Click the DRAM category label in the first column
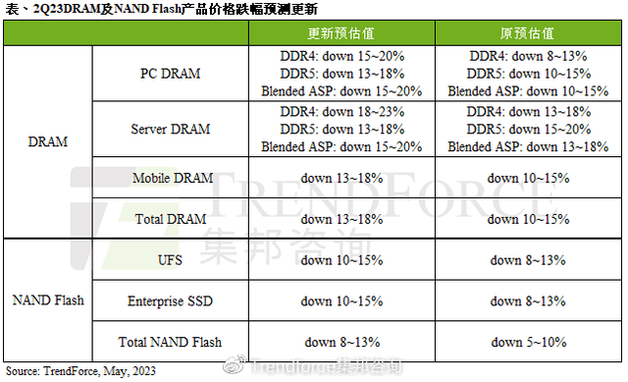tap(48, 141)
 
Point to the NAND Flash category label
tap(48, 300)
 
